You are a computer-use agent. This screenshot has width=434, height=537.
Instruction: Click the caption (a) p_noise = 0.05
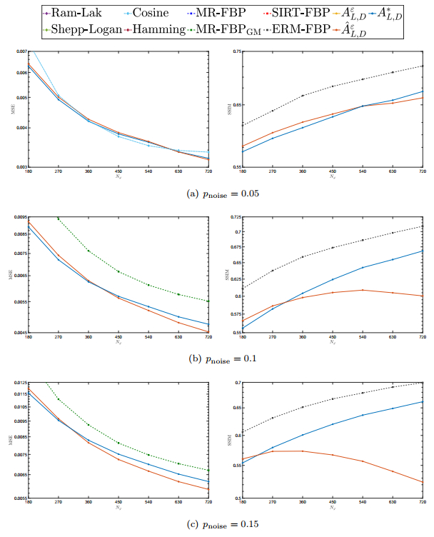(x=216, y=193)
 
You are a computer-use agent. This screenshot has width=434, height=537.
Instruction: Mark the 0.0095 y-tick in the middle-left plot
(x=20, y=216)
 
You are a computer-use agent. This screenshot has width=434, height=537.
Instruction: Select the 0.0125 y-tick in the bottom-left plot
(x=20, y=383)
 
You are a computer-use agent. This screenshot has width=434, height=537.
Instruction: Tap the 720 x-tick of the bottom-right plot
(x=423, y=506)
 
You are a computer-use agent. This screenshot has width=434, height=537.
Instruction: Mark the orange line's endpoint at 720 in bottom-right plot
(x=423, y=483)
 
